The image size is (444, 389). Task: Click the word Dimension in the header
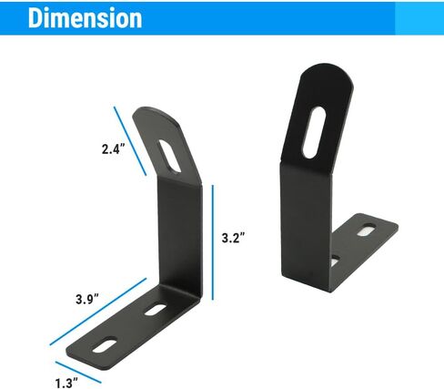86,18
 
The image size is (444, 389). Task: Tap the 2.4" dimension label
113,149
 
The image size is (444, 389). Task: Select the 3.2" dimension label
233,238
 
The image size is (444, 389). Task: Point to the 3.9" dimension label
87,300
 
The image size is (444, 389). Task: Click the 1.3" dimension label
66,383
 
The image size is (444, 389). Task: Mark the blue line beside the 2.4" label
130,141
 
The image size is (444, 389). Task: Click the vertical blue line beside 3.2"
213,242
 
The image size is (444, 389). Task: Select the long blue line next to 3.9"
98,312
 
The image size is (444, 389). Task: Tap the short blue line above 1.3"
78,373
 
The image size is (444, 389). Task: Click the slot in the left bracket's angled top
170,157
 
